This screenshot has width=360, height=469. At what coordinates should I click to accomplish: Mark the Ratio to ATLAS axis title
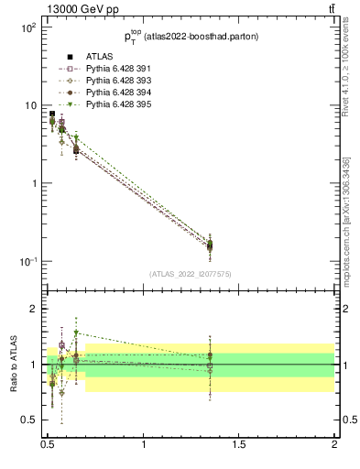[x=13, y=365]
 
